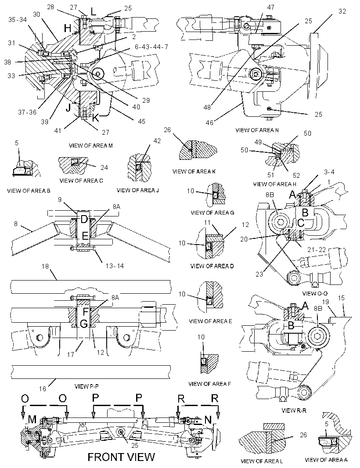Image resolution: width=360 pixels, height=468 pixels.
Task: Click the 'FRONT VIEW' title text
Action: (x=121, y=457)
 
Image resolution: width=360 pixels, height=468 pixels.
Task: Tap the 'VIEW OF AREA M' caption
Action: (x=91, y=146)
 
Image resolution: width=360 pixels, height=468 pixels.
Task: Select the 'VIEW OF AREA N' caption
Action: (x=257, y=130)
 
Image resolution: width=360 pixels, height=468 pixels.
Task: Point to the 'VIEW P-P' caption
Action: (x=86, y=386)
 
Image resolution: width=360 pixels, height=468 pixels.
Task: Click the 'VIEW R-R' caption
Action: (x=294, y=410)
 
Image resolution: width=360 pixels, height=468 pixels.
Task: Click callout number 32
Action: (x=342, y=11)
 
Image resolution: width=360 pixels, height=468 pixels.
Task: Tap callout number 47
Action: (x=270, y=7)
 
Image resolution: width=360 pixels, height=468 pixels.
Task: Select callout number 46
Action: (x=210, y=122)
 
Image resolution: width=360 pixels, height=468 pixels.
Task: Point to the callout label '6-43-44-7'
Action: (x=151, y=47)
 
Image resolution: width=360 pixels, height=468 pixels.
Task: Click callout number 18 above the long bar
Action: (x=45, y=266)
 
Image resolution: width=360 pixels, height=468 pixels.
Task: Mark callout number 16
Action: (x=43, y=388)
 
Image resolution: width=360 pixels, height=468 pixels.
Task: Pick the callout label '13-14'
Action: (x=115, y=266)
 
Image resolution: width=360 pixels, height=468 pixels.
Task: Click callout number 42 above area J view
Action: (x=157, y=141)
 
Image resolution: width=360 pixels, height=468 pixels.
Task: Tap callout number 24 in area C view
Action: (x=104, y=167)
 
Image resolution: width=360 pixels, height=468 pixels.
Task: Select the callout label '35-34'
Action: (x=18, y=20)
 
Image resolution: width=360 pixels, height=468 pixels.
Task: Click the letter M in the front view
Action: (x=32, y=420)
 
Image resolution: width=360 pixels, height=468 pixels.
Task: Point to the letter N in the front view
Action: (x=208, y=420)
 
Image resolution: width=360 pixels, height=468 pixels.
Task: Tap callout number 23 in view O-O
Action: (x=259, y=274)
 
